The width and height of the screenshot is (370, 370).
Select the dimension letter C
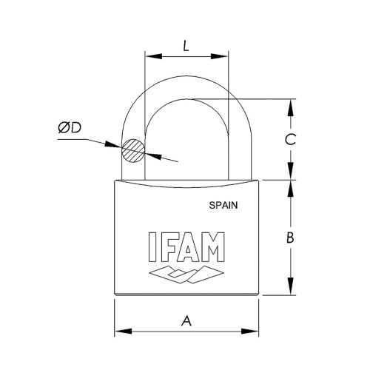tap(292, 138)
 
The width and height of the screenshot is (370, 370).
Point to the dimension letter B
tap(292, 238)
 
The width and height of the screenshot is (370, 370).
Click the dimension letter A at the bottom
tap(186, 320)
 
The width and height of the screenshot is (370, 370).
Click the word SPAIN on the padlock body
tap(223, 208)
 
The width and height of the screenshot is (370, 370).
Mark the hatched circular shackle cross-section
tap(133, 151)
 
